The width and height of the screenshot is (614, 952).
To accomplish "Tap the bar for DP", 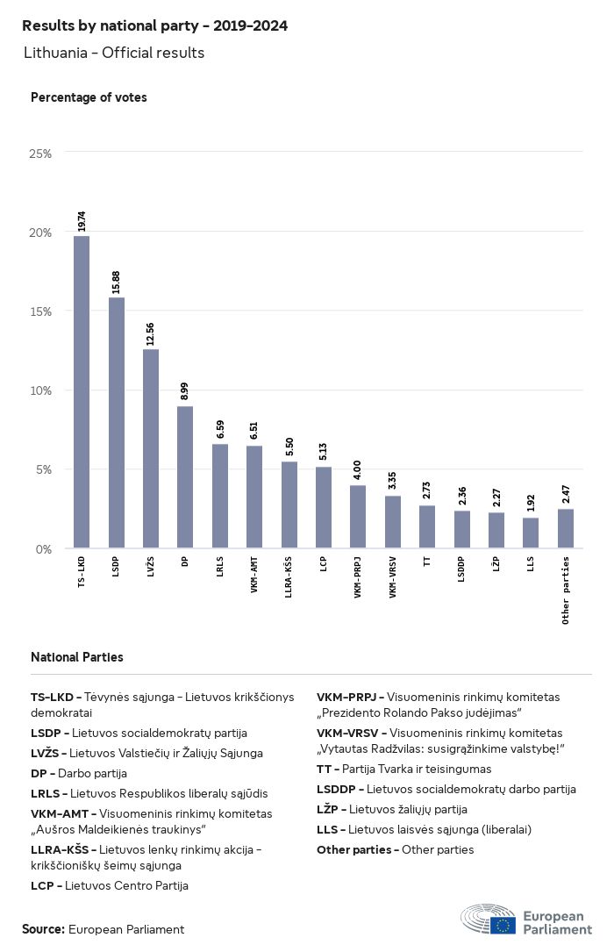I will tap(185, 477).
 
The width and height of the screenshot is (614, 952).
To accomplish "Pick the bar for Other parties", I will tap(566, 529).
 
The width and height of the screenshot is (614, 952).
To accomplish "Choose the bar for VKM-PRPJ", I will tap(358, 517).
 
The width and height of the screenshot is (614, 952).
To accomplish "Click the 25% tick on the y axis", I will tap(41, 154).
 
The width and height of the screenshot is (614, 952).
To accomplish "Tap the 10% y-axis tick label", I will tap(41, 390).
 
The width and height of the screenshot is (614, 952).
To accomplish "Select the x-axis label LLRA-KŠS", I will tap(289, 576).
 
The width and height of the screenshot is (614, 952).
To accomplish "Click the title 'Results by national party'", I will tap(154, 26).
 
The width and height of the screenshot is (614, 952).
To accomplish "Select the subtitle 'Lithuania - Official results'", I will tap(114, 53).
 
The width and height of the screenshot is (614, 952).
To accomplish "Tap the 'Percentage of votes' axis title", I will tap(89, 97).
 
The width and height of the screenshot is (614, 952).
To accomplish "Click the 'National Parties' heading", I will tap(77, 657).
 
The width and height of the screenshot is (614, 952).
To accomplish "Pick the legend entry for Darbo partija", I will tap(79, 773).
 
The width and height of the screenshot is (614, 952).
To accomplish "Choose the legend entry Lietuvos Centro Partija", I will tap(110, 885).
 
